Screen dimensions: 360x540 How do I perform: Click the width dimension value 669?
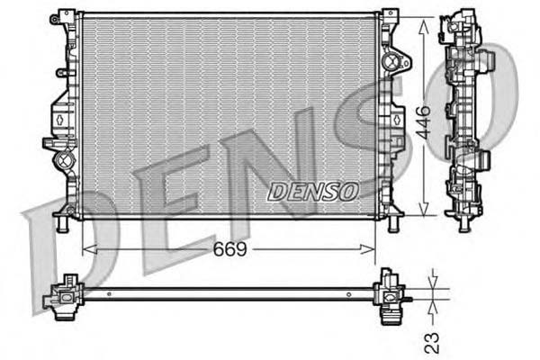pyautogui.click(x=230, y=248)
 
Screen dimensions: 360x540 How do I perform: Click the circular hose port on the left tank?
pyautogui.click(x=63, y=163)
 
